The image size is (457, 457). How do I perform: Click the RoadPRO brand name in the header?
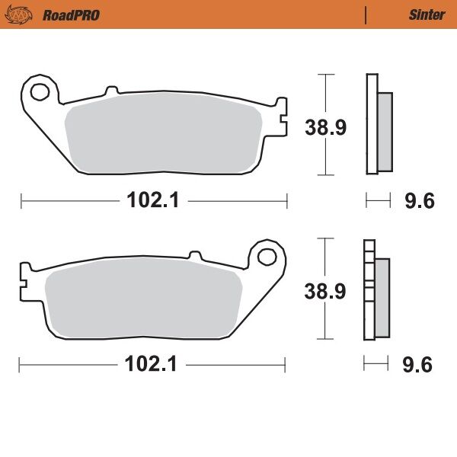[x=71, y=14]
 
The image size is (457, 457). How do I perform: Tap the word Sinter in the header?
[x=427, y=14]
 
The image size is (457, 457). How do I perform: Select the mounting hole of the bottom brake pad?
[x=267, y=256]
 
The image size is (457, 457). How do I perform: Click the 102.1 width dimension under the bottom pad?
[x=152, y=364]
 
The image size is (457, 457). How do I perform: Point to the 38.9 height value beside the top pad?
[x=326, y=127]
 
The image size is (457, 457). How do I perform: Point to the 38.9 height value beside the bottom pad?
[x=326, y=291]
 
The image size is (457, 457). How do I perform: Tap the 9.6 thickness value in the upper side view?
[x=418, y=201]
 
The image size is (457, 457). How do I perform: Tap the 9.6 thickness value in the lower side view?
[x=417, y=365]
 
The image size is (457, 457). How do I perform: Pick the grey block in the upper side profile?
[x=385, y=131]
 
